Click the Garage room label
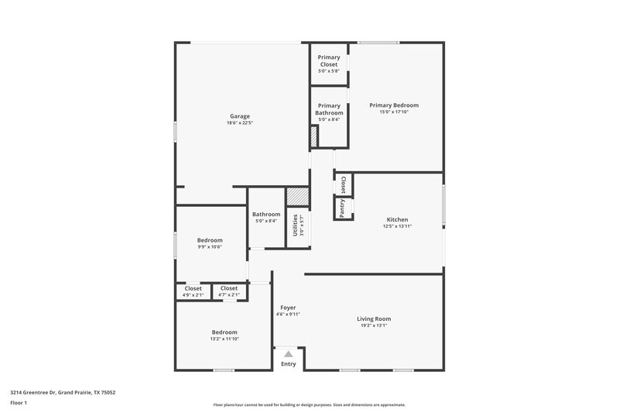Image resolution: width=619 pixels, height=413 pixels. pyautogui.click(x=239, y=116)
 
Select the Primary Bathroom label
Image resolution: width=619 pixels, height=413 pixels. pyautogui.click(x=329, y=109)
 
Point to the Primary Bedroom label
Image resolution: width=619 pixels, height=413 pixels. pyautogui.click(x=394, y=105)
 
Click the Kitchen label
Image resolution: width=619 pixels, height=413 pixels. pyautogui.click(x=397, y=219)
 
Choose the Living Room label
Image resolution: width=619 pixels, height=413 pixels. pyautogui.click(x=374, y=318)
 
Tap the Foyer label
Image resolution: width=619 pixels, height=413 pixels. pyautogui.click(x=288, y=308)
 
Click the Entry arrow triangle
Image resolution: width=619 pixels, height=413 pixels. pyautogui.click(x=288, y=353)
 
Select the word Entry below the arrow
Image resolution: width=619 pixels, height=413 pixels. pyautogui.click(x=288, y=363)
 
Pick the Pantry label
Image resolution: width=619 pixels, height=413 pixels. pyautogui.click(x=340, y=208)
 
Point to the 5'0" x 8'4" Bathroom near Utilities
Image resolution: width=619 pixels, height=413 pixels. pyautogui.click(x=266, y=215)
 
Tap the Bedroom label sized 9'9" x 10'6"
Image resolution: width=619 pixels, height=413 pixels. pyautogui.click(x=210, y=240)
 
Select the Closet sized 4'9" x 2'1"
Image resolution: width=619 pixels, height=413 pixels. pyautogui.click(x=193, y=288)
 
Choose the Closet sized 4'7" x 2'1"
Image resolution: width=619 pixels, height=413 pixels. pyautogui.click(x=228, y=288)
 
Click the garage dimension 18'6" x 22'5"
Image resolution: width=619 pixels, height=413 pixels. pyautogui.click(x=239, y=122)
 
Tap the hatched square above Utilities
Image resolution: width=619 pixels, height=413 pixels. pyautogui.click(x=297, y=197)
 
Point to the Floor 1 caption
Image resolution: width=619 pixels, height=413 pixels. pyautogui.click(x=19, y=403)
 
